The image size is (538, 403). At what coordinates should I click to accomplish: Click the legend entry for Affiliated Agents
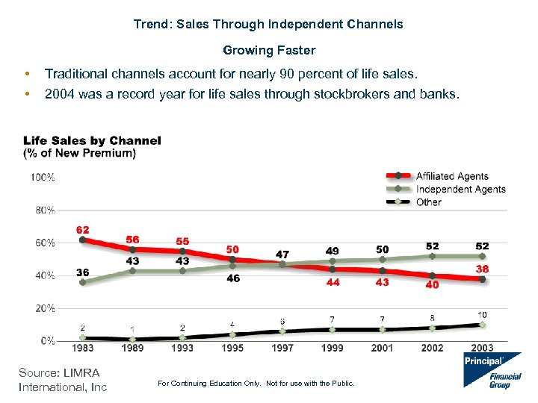451,176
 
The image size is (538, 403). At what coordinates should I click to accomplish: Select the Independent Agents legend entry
460,189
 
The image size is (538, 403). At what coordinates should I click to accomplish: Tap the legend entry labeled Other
429,201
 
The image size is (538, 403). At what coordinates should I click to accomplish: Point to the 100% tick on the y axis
42,178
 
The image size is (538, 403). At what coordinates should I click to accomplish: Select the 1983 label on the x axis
82,348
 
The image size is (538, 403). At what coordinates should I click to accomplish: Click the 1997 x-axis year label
282,348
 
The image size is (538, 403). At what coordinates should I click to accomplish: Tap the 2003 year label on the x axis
482,348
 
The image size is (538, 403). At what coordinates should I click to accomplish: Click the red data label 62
83,229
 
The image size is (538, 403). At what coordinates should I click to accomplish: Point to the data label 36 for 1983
83,272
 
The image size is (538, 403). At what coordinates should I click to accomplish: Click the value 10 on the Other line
482,314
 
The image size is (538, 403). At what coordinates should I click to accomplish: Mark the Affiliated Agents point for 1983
82,240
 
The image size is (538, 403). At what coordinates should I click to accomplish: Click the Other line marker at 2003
482,325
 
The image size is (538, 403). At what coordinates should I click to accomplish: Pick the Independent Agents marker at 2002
432,256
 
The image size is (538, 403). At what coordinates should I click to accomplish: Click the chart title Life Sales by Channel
92,140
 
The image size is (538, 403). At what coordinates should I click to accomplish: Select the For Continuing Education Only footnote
257,384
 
